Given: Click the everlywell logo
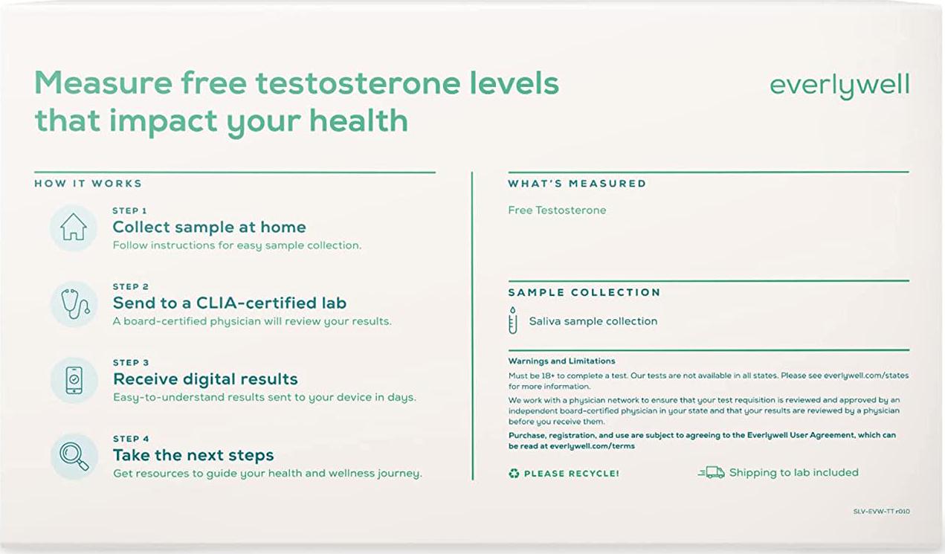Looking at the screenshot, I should click(x=839, y=86).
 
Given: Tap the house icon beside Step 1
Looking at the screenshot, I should click(x=74, y=228).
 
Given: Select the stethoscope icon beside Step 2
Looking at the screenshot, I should click(x=74, y=303).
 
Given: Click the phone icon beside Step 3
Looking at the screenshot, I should click(x=74, y=380).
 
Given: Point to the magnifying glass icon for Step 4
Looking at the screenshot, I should click(x=74, y=456).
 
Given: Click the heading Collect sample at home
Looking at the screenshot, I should click(x=209, y=227).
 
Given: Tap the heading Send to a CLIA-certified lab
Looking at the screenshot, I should click(x=229, y=303).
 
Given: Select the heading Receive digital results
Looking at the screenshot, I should click(x=205, y=379).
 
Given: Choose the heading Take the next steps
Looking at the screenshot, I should click(x=193, y=455).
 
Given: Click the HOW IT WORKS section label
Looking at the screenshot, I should click(x=88, y=183).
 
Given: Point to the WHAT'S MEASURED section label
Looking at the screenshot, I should click(x=577, y=183).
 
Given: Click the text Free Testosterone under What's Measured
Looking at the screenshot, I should click(x=557, y=210).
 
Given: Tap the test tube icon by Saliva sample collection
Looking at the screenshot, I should click(x=512, y=321).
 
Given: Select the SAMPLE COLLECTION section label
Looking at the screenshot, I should click(x=584, y=292).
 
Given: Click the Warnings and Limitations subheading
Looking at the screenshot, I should click(x=561, y=361).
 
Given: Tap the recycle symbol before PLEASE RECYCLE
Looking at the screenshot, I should click(x=514, y=473).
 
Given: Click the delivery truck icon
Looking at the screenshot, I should click(x=711, y=472).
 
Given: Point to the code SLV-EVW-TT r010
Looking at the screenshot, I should click(x=881, y=512).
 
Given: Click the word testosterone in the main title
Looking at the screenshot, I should click(x=359, y=83).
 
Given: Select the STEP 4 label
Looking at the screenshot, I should click(x=131, y=439).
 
